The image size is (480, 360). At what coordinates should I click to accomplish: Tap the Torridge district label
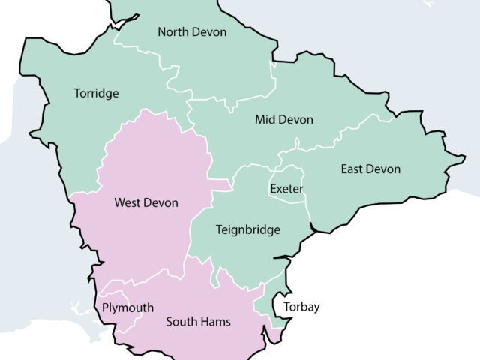coord(96,94)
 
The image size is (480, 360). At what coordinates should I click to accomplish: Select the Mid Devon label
coord(283,120)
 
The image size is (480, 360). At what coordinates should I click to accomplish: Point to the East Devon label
coord(370,169)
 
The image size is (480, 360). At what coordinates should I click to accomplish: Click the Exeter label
coord(286,189)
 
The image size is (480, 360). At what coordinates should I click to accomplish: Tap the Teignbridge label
coord(247,230)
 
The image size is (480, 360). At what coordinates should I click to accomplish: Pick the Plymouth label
coord(127,308)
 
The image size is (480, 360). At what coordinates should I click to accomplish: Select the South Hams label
coord(198,322)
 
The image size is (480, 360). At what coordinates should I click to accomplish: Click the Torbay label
coord(301,307)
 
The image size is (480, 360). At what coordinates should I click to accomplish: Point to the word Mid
coord(265,120)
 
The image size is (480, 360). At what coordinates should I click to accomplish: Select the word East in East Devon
coord(353,169)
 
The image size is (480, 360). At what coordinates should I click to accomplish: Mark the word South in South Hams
coord(181,322)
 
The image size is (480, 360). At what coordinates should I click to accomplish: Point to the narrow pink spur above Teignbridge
coord(221,184)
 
